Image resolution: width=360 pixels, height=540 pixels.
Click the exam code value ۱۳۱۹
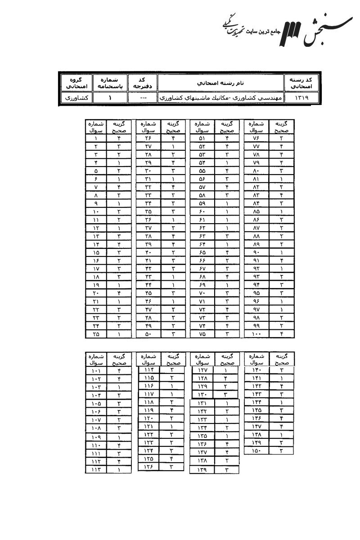click(301, 97)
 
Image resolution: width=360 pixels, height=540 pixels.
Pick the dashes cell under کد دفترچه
click(143, 97)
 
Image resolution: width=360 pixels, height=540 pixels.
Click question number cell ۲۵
click(96, 334)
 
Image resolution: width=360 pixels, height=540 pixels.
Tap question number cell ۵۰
click(148, 334)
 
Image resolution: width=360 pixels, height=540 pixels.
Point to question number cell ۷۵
click(202, 334)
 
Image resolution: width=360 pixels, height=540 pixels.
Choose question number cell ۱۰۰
click(256, 334)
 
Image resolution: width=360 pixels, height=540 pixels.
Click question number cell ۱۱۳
click(96, 470)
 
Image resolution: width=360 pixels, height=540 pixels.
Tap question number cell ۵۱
click(202, 139)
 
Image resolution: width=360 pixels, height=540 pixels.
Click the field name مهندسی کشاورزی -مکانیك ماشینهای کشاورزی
click(221, 97)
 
